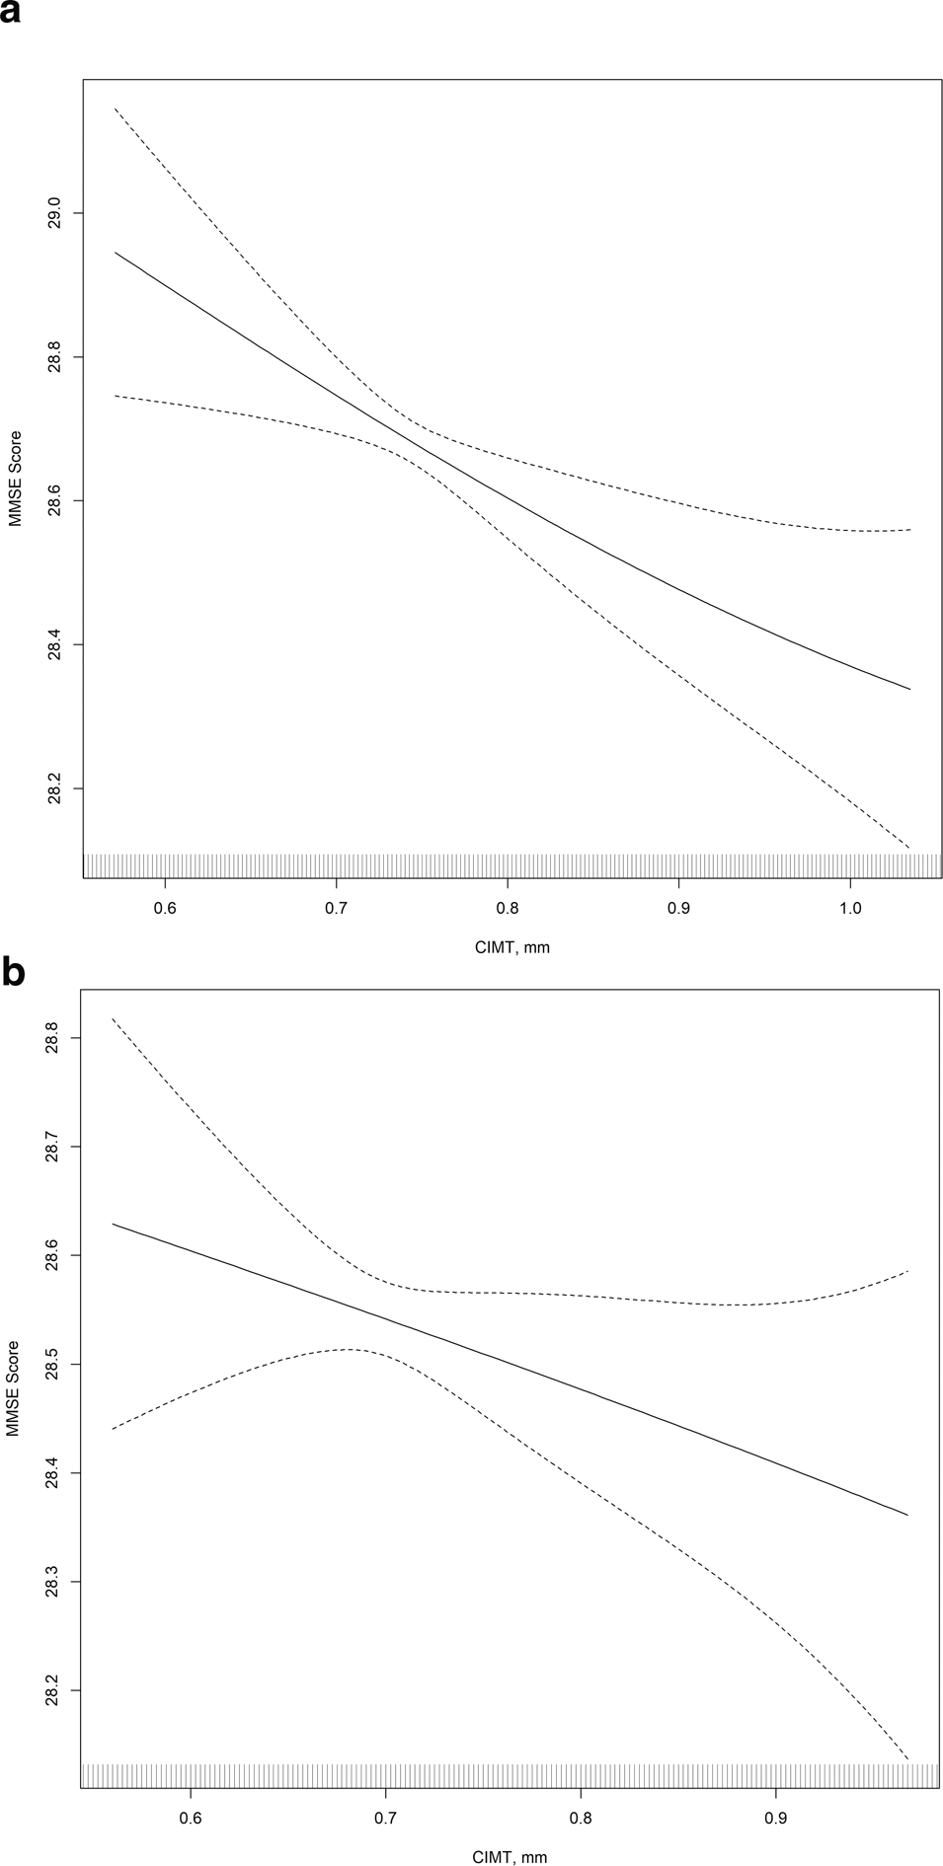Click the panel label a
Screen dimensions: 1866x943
pyautogui.click(x=11, y=18)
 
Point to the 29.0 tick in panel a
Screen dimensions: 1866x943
pyautogui.click(x=54, y=213)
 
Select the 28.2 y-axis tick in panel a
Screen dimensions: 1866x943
pyautogui.click(x=54, y=788)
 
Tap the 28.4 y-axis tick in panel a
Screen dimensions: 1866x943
pyautogui.click(x=54, y=645)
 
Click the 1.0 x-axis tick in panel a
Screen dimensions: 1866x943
pyautogui.click(x=849, y=906)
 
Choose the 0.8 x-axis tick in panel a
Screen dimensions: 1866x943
pyautogui.click(x=507, y=906)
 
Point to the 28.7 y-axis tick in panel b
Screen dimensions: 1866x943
pyautogui.click(x=54, y=1147)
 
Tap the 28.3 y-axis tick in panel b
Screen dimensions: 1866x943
pyautogui.click(x=54, y=1582)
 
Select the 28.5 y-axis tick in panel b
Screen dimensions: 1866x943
pyautogui.click(x=54, y=1365)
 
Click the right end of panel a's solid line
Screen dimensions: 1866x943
pyautogui.click(x=908, y=689)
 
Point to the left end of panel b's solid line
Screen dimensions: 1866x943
pyautogui.click(x=114, y=1224)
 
